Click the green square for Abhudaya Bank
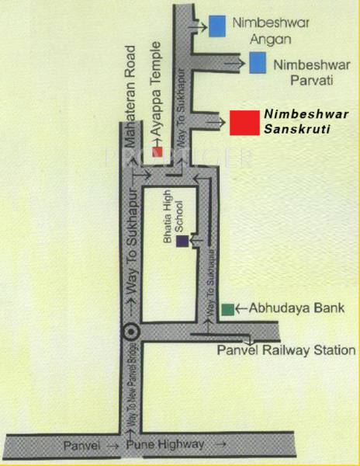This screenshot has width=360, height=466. coord(227,309)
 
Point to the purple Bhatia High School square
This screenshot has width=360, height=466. coord(182,242)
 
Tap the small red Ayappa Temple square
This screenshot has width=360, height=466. coord(157,152)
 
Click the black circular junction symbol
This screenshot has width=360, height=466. coord(130,330)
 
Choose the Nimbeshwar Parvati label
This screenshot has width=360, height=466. coord(303,67)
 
